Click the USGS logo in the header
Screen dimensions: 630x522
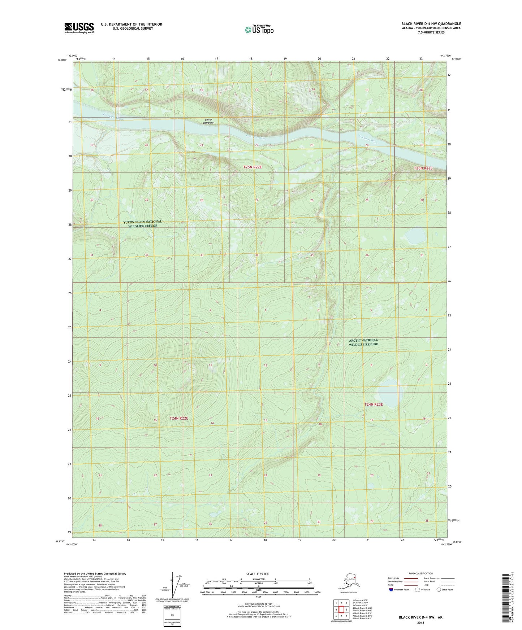(x=79, y=28)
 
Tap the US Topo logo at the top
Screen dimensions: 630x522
(x=259, y=30)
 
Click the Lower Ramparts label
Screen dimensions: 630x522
(x=209, y=121)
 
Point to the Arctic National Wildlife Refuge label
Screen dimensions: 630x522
(x=363, y=342)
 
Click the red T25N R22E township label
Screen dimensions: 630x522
(x=252, y=167)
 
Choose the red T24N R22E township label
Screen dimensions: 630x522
(x=179, y=418)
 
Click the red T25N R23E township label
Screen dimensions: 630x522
(x=423, y=168)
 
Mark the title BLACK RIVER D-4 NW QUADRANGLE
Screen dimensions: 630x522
(x=431, y=24)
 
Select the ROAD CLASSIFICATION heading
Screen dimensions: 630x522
(x=420, y=573)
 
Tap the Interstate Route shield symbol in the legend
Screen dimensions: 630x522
(x=391, y=590)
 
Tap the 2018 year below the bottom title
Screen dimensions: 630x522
(x=420, y=623)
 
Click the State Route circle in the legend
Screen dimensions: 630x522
(x=439, y=590)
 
